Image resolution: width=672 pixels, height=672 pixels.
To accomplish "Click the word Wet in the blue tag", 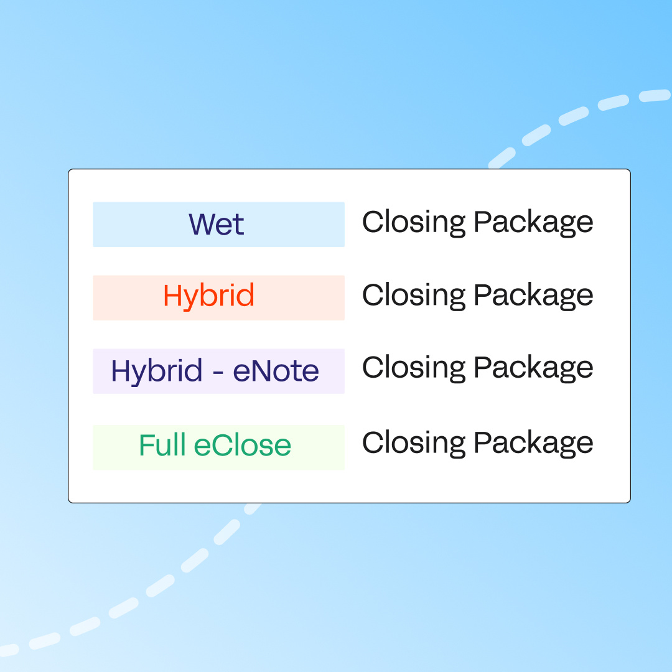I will [217, 225].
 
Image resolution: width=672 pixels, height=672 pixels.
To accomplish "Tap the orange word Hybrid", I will [208, 296].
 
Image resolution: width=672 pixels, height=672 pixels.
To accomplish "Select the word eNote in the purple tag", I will [276, 371].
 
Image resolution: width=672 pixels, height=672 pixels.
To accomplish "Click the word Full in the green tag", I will [162, 446].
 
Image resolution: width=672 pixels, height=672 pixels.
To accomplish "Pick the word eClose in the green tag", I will [243, 446].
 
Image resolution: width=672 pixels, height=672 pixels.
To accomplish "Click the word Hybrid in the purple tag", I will [157, 371].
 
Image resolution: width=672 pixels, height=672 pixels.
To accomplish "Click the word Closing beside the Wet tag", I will [414, 222].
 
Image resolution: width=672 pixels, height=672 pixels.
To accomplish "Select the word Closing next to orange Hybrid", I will [414, 296].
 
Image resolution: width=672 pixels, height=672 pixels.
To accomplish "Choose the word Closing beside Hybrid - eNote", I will [414, 368].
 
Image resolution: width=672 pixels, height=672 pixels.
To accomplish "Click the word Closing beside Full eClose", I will [414, 443].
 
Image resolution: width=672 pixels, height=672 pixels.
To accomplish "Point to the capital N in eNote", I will [260, 371].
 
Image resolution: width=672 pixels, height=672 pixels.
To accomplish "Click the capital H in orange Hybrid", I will [172, 296].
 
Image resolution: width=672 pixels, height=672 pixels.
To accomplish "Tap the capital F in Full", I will [146, 446].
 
